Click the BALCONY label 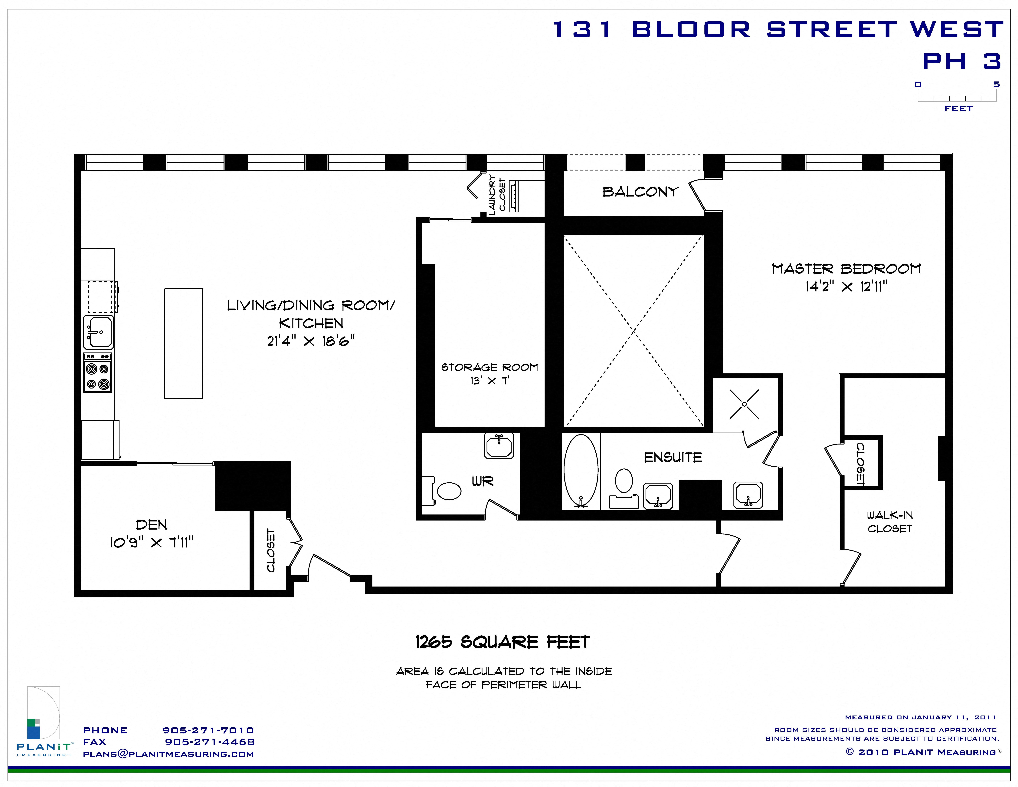[640, 192]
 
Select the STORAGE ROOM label [489, 367]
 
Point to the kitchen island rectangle [184, 344]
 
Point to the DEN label [152, 525]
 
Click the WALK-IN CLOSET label [890, 522]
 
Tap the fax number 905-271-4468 [210, 742]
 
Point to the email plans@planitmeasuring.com [168, 754]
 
